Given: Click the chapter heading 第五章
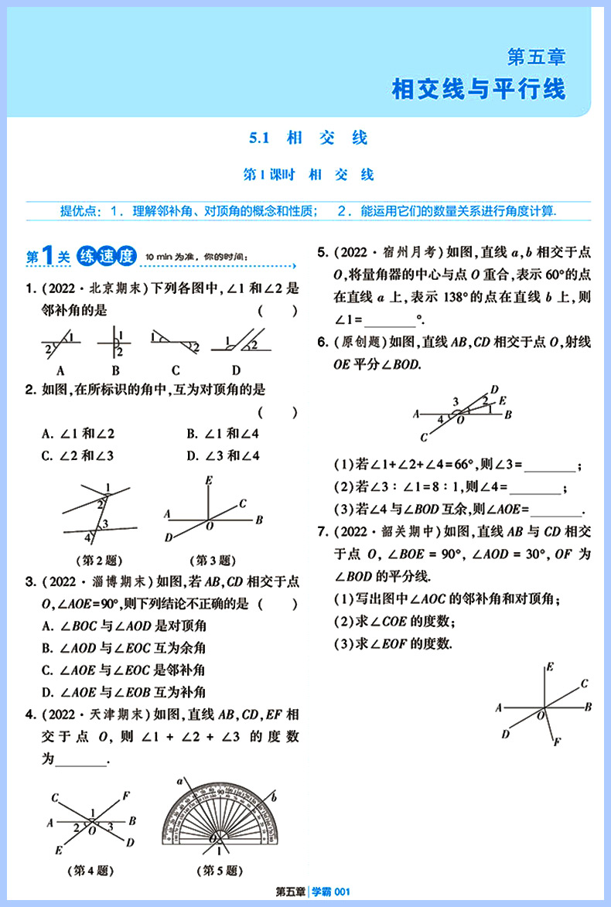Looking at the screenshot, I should coord(536,56).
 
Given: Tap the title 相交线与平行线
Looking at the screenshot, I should coord(479,89).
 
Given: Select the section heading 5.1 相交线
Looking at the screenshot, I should coord(308,138).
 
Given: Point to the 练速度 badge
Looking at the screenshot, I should coord(108,256).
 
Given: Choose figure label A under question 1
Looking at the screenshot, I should coord(60,369).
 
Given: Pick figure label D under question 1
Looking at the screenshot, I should coord(236,369).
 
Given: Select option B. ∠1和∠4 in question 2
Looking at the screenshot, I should coord(223,434).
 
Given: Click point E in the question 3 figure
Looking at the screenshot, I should coord(208,481).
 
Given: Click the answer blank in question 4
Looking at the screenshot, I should coord(81,759).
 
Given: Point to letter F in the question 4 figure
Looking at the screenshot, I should coord(126,794).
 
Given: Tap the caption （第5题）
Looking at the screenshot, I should coord(220,871).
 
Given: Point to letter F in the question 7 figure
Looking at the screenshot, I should coord(556,742).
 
